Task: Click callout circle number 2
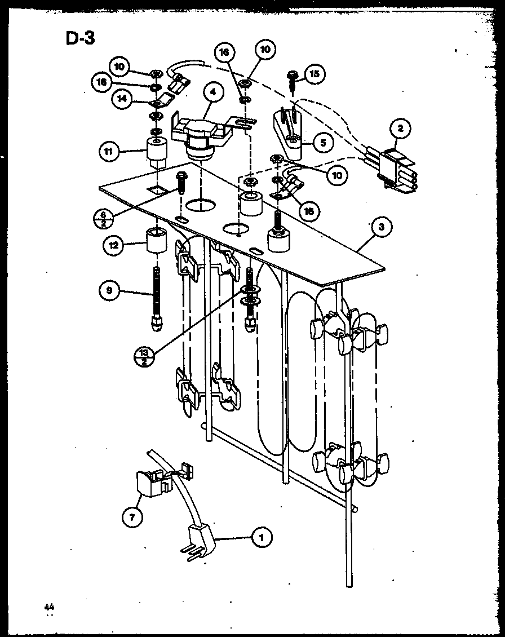[x=400, y=129]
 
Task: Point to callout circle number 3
[x=382, y=227]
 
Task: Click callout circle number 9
[x=109, y=291]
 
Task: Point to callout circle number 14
[x=121, y=100]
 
